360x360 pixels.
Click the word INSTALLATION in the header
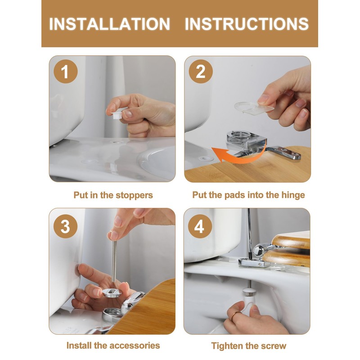(x=109, y=24)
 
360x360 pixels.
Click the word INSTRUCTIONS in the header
(x=247, y=24)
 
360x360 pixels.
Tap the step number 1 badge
(x=66, y=72)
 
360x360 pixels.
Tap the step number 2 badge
(x=201, y=72)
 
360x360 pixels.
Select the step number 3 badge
(x=65, y=226)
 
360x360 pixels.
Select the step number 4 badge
(x=200, y=226)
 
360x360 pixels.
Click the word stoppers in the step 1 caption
(x=134, y=195)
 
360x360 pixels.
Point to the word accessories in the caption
(x=135, y=345)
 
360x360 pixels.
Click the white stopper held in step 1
(x=118, y=113)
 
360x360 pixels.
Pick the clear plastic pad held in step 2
(x=254, y=108)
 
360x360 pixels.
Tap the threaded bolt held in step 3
(x=114, y=261)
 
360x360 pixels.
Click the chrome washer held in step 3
(x=112, y=293)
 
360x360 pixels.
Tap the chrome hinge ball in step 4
(x=259, y=250)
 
